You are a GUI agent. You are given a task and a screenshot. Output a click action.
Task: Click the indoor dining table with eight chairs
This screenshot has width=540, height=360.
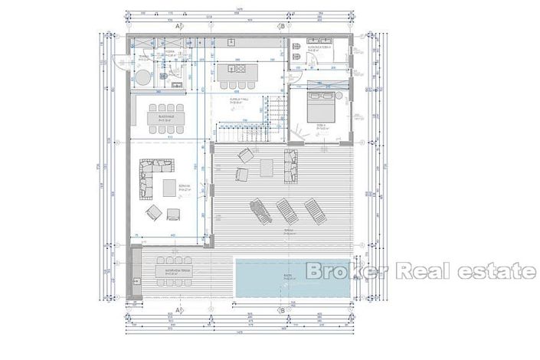(167, 118)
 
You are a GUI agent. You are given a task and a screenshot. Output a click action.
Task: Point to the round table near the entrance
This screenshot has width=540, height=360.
(144, 76)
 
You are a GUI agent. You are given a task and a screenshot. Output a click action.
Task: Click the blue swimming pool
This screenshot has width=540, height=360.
(293, 278)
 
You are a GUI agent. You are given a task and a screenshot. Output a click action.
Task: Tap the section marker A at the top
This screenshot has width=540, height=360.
(178, 26)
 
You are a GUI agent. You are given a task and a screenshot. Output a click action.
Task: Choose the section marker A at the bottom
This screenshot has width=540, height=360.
(178, 310)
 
